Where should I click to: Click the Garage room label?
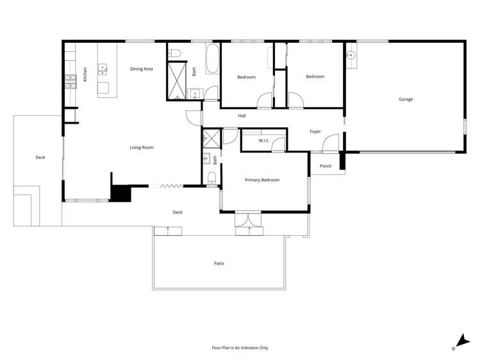pos(406,99)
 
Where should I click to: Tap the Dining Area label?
pos(141,69)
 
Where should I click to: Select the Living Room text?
pos(142,147)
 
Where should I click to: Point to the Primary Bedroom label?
pos(262,180)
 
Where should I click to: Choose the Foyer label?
pos(315,131)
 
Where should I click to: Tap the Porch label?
pos(326,166)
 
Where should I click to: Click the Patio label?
pos(219,263)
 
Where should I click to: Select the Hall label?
pos(242,116)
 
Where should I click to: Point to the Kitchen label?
pos(85,74)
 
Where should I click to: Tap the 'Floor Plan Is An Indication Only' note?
pos(240,348)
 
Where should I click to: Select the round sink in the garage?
pos(351,55)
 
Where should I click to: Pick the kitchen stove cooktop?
pos(70,81)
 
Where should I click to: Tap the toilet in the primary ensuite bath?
pos(211,177)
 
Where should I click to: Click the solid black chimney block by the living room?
pos(119,193)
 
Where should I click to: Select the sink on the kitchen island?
pos(103,69)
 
